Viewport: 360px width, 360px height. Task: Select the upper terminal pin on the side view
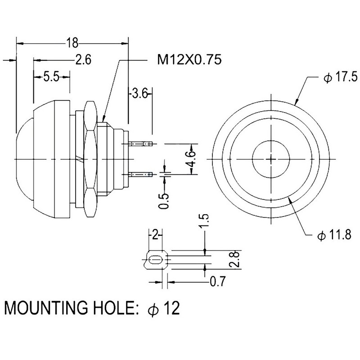tap(140, 144)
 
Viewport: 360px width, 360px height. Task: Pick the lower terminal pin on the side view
tap(140, 174)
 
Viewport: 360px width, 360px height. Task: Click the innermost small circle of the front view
tap(272, 159)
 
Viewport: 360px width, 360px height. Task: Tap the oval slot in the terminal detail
tap(155, 260)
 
